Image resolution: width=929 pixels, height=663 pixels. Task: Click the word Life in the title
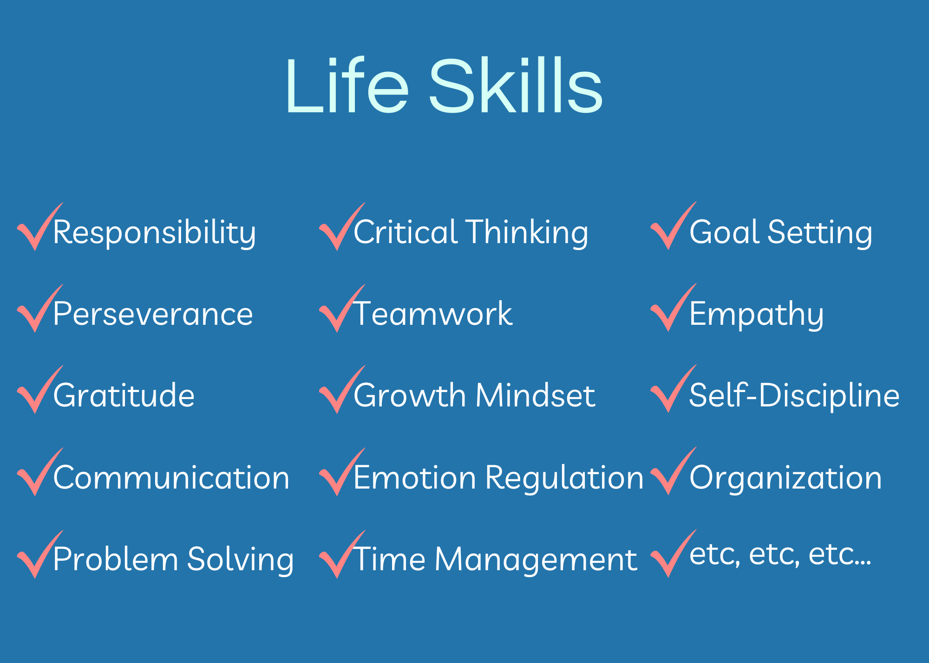(x=347, y=85)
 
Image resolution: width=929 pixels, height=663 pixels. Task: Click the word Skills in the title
(x=516, y=85)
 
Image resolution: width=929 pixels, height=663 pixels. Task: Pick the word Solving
(x=241, y=560)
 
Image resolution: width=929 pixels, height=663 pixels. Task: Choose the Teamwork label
(x=433, y=313)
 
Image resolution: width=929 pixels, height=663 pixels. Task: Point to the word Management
(x=536, y=560)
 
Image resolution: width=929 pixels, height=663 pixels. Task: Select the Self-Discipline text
(x=794, y=396)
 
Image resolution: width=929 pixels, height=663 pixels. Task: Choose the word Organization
(x=785, y=478)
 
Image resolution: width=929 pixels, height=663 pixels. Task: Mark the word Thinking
(x=527, y=232)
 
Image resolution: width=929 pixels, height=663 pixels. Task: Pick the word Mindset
(x=536, y=396)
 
